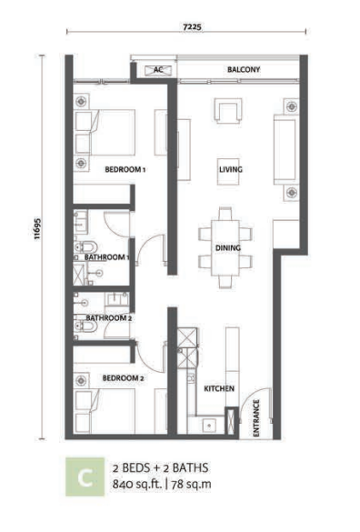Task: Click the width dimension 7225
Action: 192,26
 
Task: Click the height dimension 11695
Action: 37,228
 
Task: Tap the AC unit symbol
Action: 158,70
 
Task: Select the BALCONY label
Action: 244,69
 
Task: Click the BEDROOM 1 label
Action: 125,169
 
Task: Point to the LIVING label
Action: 231,169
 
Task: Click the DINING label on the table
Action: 228,248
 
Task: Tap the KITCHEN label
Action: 219,388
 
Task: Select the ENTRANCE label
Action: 256,418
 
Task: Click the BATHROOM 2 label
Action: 108,318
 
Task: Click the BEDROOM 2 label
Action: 123,378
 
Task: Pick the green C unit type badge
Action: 85,477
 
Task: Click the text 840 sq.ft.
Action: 137,484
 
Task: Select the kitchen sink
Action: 209,426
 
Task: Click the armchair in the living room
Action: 228,110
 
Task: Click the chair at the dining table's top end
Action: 225,214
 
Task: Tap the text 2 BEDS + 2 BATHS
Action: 161,468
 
